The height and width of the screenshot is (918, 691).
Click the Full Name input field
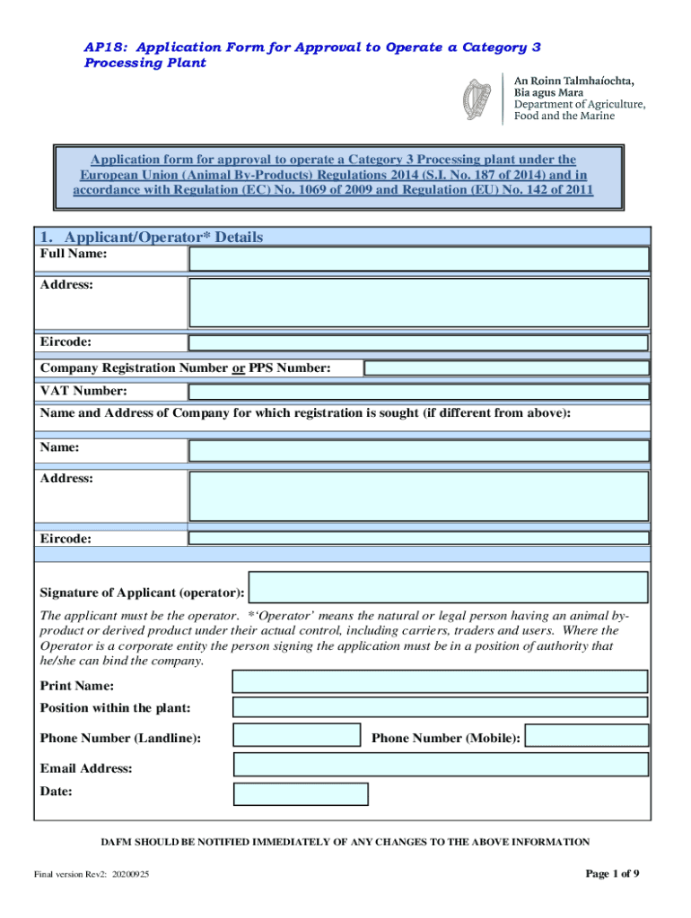pos(418,259)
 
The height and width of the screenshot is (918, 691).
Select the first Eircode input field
pos(418,342)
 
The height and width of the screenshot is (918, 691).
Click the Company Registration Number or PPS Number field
pos(505,368)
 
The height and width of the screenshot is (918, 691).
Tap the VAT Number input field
pos(418,392)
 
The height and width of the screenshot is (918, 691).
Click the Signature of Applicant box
pos(448,588)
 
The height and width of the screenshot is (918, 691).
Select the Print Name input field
pos(440,682)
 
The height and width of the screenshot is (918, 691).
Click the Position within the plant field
pos(440,707)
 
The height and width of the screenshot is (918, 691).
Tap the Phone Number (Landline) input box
pos(297,736)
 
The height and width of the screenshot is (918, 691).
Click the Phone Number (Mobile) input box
pos(587,737)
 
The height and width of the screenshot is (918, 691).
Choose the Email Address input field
pos(440,765)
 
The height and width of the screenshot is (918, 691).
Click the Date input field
pos(301,794)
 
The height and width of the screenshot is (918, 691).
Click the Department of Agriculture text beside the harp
pos(579,105)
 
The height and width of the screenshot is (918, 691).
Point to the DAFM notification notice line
pos(345,842)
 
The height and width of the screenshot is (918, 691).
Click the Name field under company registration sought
pos(418,450)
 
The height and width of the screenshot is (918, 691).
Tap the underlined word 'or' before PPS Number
pos(239,368)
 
